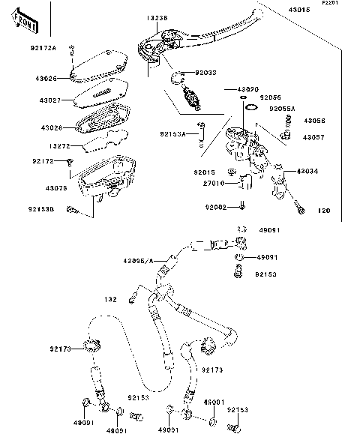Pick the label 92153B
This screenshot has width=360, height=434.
42,210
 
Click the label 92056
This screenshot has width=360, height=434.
271,97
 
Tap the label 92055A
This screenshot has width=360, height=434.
283,109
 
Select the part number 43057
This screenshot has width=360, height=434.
314,138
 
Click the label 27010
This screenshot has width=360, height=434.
193,182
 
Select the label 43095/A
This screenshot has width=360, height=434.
138,260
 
